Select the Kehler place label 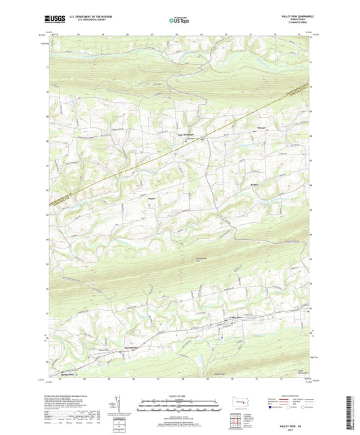[x=247, y=184]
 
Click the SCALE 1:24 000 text [x=179, y=395]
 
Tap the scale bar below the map [x=179, y=407]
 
